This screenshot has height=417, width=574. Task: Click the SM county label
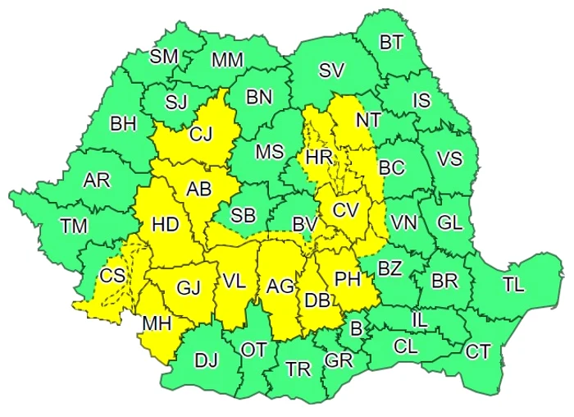[164, 57]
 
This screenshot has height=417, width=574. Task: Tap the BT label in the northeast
[392, 44]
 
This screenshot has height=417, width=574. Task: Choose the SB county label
[243, 215]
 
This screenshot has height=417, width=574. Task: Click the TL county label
[512, 285]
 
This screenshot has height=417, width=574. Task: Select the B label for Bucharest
[356, 329]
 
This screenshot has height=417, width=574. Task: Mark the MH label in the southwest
[157, 323]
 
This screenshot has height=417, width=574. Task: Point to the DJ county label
[207, 360]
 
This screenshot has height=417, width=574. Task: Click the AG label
[280, 286]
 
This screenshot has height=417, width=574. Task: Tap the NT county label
[367, 120]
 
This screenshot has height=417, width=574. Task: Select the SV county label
[330, 71]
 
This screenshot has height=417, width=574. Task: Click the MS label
[269, 152]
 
